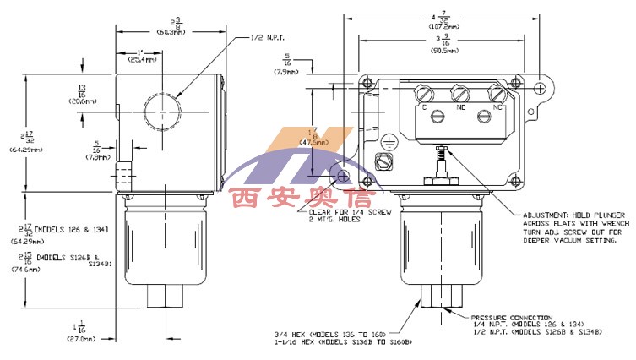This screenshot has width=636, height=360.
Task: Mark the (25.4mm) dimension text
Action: click(x=135, y=61)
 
